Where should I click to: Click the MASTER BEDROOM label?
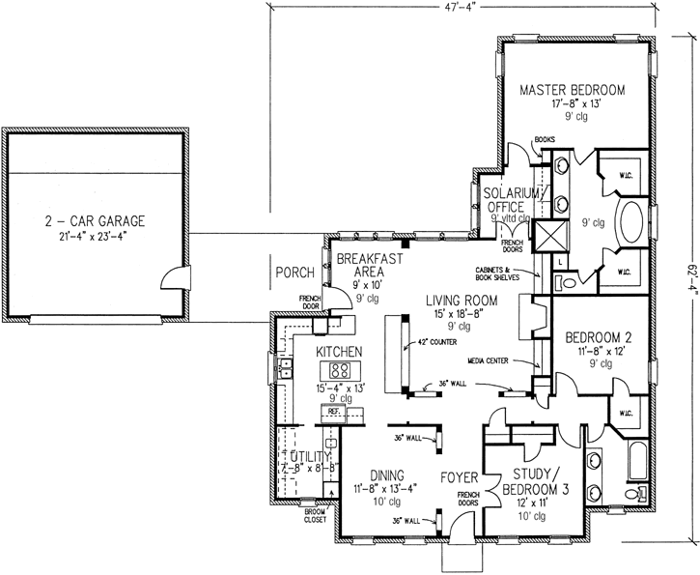tap(573, 90)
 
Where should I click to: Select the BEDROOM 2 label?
tap(598, 336)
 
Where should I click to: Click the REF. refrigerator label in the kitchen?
tap(335, 412)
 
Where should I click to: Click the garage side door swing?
tap(172, 277)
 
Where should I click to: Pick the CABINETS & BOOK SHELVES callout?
tap(496, 273)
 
